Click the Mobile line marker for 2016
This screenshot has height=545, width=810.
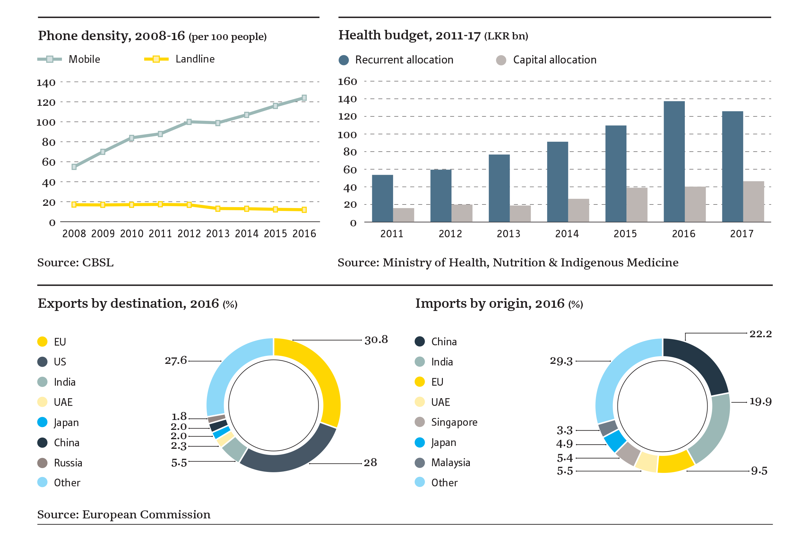pyautogui.click(x=304, y=98)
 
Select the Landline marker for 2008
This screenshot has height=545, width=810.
pyautogui.click(x=74, y=205)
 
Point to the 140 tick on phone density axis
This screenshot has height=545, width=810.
pyautogui.click(x=46, y=83)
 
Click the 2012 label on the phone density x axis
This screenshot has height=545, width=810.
pyautogui.click(x=189, y=234)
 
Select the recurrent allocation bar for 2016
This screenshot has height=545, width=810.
pyautogui.click(x=674, y=162)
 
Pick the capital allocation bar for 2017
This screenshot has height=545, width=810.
pyautogui.click(x=753, y=202)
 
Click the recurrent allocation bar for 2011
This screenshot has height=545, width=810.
pyautogui.click(x=383, y=198)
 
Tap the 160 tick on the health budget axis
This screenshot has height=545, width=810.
pyautogui.click(x=348, y=82)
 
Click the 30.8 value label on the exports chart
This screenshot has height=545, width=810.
pyautogui.click(x=376, y=340)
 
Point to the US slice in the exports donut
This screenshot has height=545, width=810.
pyautogui.click(x=289, y=457)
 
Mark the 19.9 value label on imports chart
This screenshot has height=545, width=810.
pyautogui.click(x=760, y=402)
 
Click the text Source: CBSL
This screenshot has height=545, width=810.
pyautogui.click(x=75, y=263)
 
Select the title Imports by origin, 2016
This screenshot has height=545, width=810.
pyautogui.click(x=499, y=304)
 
